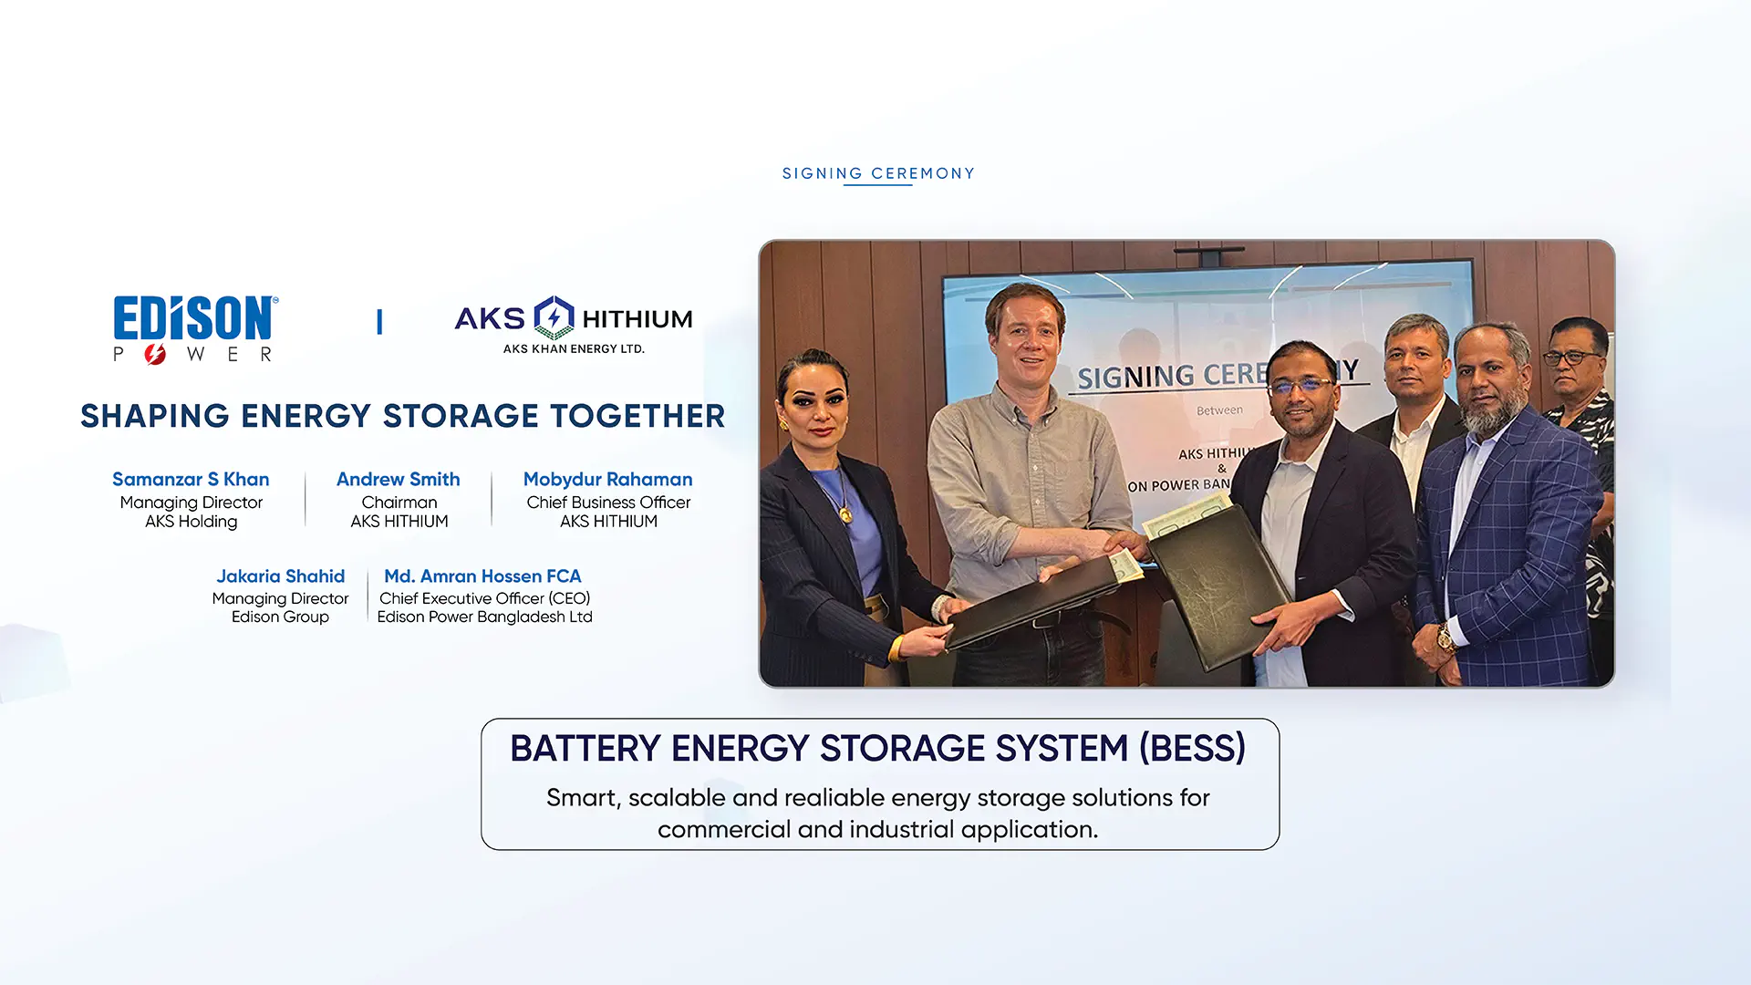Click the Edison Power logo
pos(195,329)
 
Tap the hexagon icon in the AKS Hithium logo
pos(554,317)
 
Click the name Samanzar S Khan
pos(191,479)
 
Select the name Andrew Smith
pos(399,479)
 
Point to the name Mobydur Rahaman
pos(608,480)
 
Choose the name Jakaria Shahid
pos(280,576)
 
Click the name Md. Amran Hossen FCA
pos(482,576)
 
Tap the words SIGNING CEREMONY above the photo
pos(878,173)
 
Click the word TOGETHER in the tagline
pos(638,416)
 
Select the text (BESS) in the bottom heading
pos(1192,749)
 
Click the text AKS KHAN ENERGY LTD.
pos(574,348)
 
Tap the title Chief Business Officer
pos(608,503)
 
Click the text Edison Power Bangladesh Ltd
pos(484,617)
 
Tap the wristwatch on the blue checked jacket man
pos(1445,638)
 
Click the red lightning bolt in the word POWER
pos(155,354)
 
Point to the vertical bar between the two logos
pos(379,321)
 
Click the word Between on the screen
pos(1219,410)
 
